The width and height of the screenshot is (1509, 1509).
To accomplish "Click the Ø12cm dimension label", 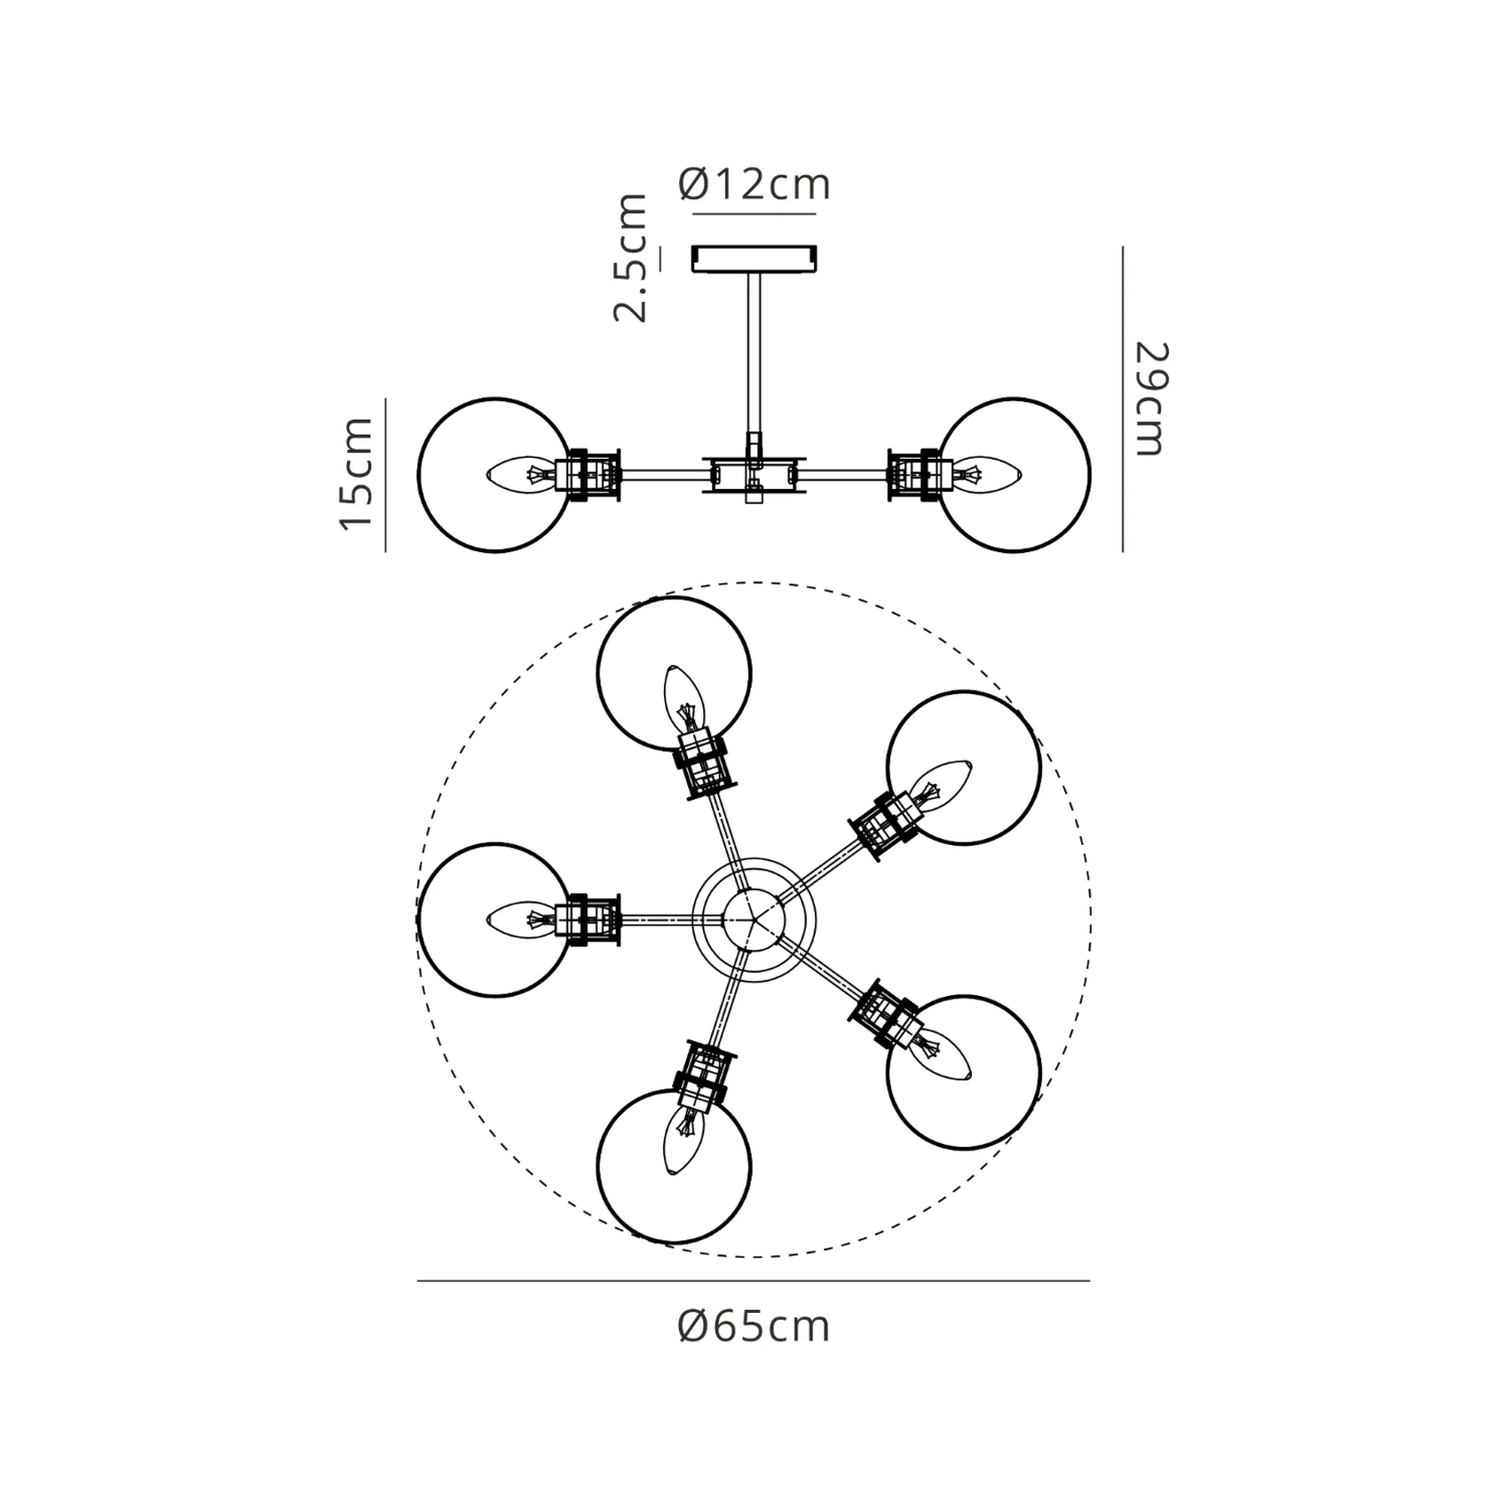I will point(754,185).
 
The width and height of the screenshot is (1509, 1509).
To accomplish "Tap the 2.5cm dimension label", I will point(631,257).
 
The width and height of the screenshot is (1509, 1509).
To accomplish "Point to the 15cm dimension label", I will point(357,473).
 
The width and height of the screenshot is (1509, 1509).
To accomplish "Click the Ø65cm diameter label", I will point(754,1327).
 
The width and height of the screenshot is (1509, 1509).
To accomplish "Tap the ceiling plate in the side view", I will point(754,259).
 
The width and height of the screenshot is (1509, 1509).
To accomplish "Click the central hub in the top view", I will point(754,920).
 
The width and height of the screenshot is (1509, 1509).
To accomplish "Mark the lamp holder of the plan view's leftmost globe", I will point(589,920).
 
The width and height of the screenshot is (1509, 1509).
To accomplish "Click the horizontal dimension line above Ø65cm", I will point(754,1281).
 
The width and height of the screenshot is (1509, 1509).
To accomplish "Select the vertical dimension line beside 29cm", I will point(1123,399).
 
